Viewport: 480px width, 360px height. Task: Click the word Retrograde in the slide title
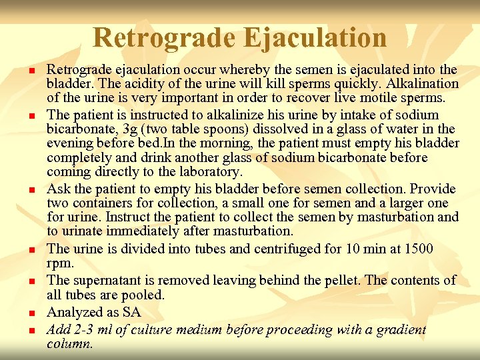click(163, 37)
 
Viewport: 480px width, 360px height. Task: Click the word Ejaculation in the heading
click(315, 37)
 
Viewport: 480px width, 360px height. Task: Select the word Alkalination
click(423, 84)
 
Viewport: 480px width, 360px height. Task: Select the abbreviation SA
click(132, 312)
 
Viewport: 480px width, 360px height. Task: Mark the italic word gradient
click(402, 329)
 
